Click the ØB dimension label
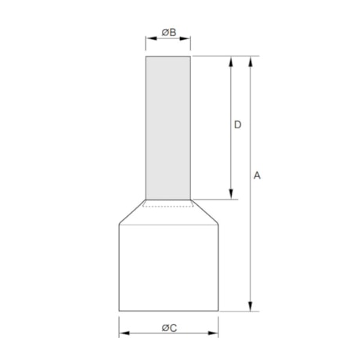click(x=168, y=33)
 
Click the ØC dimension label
click(x=168, y=327)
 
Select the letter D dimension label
click(x=238, y=124)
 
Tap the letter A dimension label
click(x=257, y=176)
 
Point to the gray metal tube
click(x=168, y=125)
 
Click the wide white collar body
click(x=168, y=266)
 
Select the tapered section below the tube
click(x=168, y=214)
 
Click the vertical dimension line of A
click(x=250, y=235)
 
